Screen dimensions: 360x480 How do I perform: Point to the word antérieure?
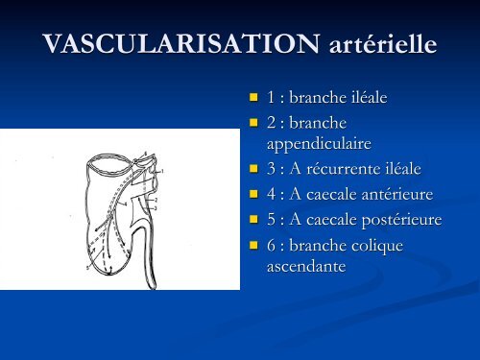coord(393,194)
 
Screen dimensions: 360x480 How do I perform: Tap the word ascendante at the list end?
coord(306,264)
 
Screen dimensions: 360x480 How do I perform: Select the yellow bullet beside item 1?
coord(253,98)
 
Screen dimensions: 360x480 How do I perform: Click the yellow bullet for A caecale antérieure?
coord(253,195)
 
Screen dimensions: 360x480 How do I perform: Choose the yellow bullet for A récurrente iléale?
coord(253,169)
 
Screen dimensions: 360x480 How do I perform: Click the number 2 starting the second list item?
coord(271,124)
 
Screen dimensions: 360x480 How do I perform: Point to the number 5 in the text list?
coord(271,220)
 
